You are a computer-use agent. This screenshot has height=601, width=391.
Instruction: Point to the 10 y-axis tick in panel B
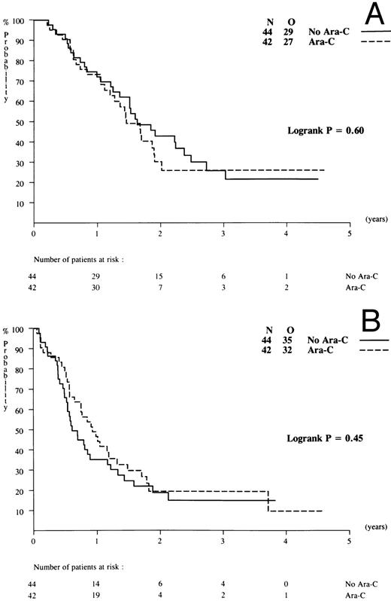point(22,511)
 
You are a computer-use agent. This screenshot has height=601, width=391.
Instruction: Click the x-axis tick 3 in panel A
point(223,234)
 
